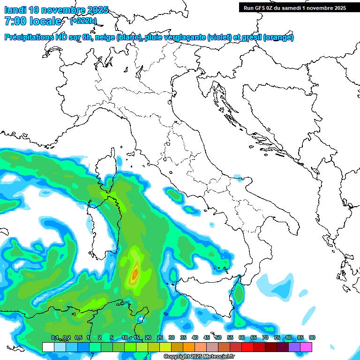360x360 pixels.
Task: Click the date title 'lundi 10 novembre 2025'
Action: pyautogui.click(x=56, y=10)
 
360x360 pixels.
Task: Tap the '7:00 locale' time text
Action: pyautogui.click(x=33, y=21)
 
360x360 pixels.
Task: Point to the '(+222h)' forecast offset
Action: pyautogui.click(x=83, y=21)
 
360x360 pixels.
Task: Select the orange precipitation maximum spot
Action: pyautogui.click(x=135, y=272)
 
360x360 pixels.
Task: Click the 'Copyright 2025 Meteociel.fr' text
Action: pyautogui.click(x=200, y=357)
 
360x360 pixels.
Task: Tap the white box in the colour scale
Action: pyautogui.click(x=48, y=347)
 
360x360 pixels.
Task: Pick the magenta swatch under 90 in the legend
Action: pyautogui.click(x=306, y=347)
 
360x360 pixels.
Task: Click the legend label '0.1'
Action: pyautogui.click(x=55, y=338)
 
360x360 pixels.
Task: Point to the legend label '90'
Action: pyautogui.click(x=312, y=338)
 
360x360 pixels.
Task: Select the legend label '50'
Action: pyautogui.click(x=218, y=338)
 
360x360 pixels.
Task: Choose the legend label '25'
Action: pyautogui.click(x=160, y=338)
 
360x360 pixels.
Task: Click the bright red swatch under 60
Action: pyautogui.click(x=247, y=347)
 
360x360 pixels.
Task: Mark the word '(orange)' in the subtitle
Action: pyautogui.click(x=279, y=37)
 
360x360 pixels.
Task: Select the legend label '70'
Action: pyautogui.click(x=265, y=338)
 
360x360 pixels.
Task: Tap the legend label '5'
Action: pyautogui.click(x=112, y=338)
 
